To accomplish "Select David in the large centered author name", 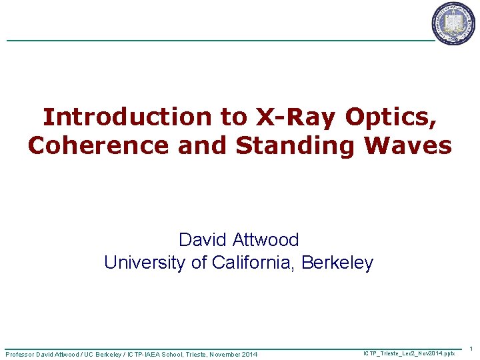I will (199, 240).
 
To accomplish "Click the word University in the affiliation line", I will (144, 263).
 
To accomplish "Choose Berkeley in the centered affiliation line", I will (337, 263).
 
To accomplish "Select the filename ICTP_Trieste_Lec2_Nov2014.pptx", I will (409, 352).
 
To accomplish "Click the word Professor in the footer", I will (23, 354).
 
